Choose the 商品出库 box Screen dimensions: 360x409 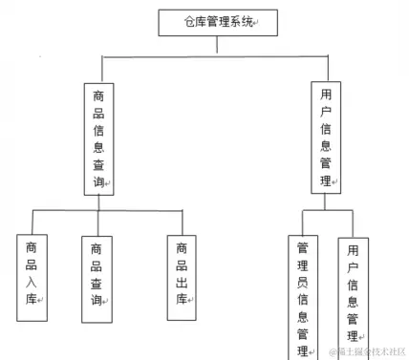click(x=182, y=275)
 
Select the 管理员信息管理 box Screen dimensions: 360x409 click(x=304, y=296)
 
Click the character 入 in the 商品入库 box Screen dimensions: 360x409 click(x=32, y=282)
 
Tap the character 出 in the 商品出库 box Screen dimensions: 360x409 click(x=182, y=282)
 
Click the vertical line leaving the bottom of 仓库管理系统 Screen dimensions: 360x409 click(x=216, y=47)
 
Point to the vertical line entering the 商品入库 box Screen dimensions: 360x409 click(x=32, y=222)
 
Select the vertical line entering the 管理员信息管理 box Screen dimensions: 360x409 click(x=303, y=222)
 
